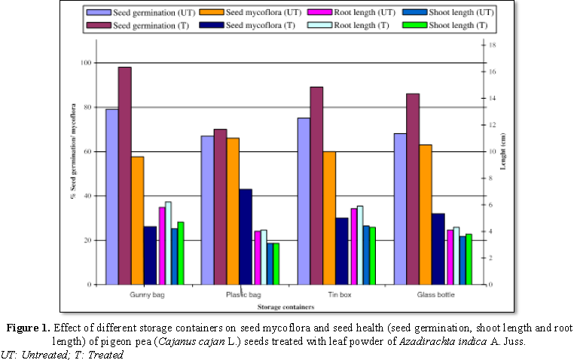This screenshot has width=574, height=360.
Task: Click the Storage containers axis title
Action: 285,307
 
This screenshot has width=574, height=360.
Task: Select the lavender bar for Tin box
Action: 304,201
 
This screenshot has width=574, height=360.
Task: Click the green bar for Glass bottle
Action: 469,259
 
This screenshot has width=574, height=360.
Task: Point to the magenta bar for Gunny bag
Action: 161,246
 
